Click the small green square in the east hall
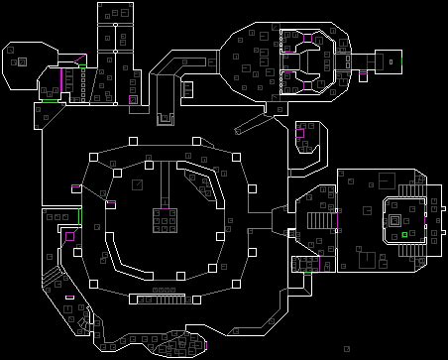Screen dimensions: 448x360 [x=404, y=235]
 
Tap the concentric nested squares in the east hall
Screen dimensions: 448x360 [x=393, y=219]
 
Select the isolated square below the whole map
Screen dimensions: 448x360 [x=346, y=348]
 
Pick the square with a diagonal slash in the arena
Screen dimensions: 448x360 [x=138, y=183]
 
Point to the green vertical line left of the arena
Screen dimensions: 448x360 [x=80, y=215]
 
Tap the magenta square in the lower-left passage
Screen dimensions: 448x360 [x=69, y=236]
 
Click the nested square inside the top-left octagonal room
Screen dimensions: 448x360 [x=21, y=61]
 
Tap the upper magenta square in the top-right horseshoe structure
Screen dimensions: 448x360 [x=308, y=38]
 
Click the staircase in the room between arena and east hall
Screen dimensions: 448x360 [x=318, y=220]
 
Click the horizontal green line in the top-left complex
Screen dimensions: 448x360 [x=48, y=100]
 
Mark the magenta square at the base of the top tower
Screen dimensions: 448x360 [x=133, y=99]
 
